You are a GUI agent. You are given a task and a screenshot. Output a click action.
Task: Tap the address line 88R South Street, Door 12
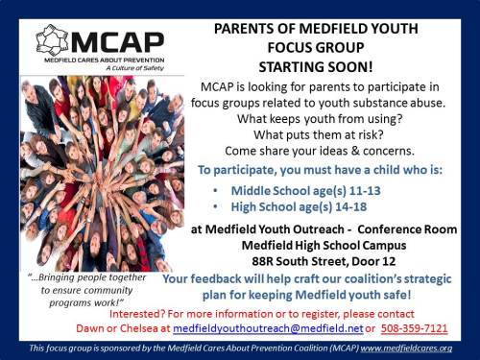[320, 258]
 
